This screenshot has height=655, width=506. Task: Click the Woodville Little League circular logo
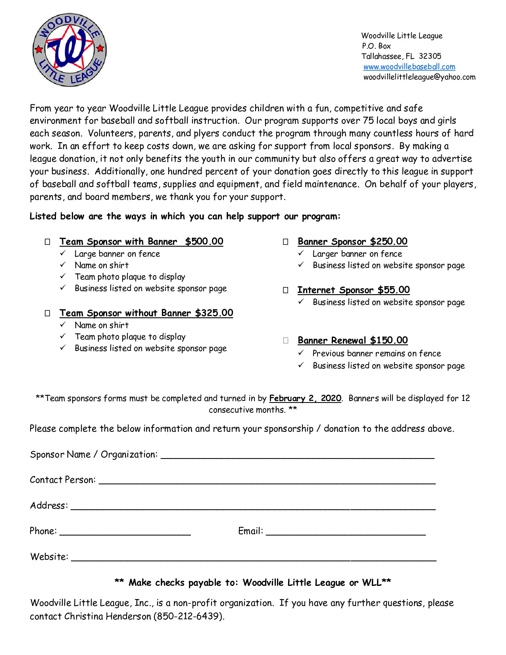[69, 50]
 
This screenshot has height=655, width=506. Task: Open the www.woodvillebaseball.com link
[409, 67]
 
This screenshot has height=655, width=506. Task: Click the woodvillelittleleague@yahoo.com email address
[419, 77]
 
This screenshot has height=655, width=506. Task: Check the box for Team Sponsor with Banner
[48, 242]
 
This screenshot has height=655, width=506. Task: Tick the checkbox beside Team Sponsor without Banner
[48, 313]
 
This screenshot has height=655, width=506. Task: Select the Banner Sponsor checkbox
[286, 242]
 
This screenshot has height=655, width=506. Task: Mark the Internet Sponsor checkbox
[286, 290]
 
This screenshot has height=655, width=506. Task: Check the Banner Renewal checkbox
[286, 341]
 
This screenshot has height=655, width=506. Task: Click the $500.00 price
[204, 241]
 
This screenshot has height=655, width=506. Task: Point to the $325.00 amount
[214, 313]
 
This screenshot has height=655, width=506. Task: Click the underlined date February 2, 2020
[305, 398]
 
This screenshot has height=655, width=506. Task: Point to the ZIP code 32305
[430, 56]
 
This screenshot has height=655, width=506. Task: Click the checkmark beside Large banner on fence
[63, 253]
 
